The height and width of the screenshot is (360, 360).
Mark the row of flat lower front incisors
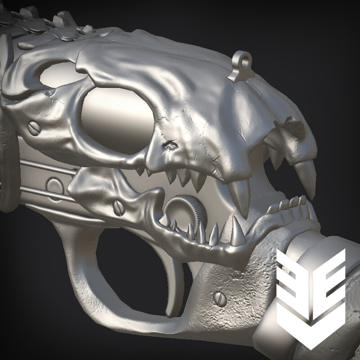tap(290, 205)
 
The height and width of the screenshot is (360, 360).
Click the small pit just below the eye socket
tap(170, 145)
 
